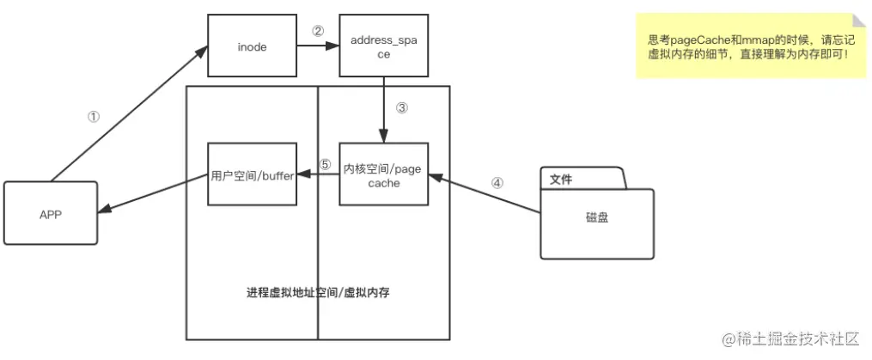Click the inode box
(252, 47)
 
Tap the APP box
(51, 214)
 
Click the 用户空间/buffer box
(253, 175)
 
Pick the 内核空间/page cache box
(382, 175)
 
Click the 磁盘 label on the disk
(597, 218)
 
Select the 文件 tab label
(561, 180)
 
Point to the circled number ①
(95, 117)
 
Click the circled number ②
(318, 31)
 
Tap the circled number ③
(402, 108)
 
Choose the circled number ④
(497, 183)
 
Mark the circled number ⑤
(324, 164)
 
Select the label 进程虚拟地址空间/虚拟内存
(319, 293)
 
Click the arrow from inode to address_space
(317, 47)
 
